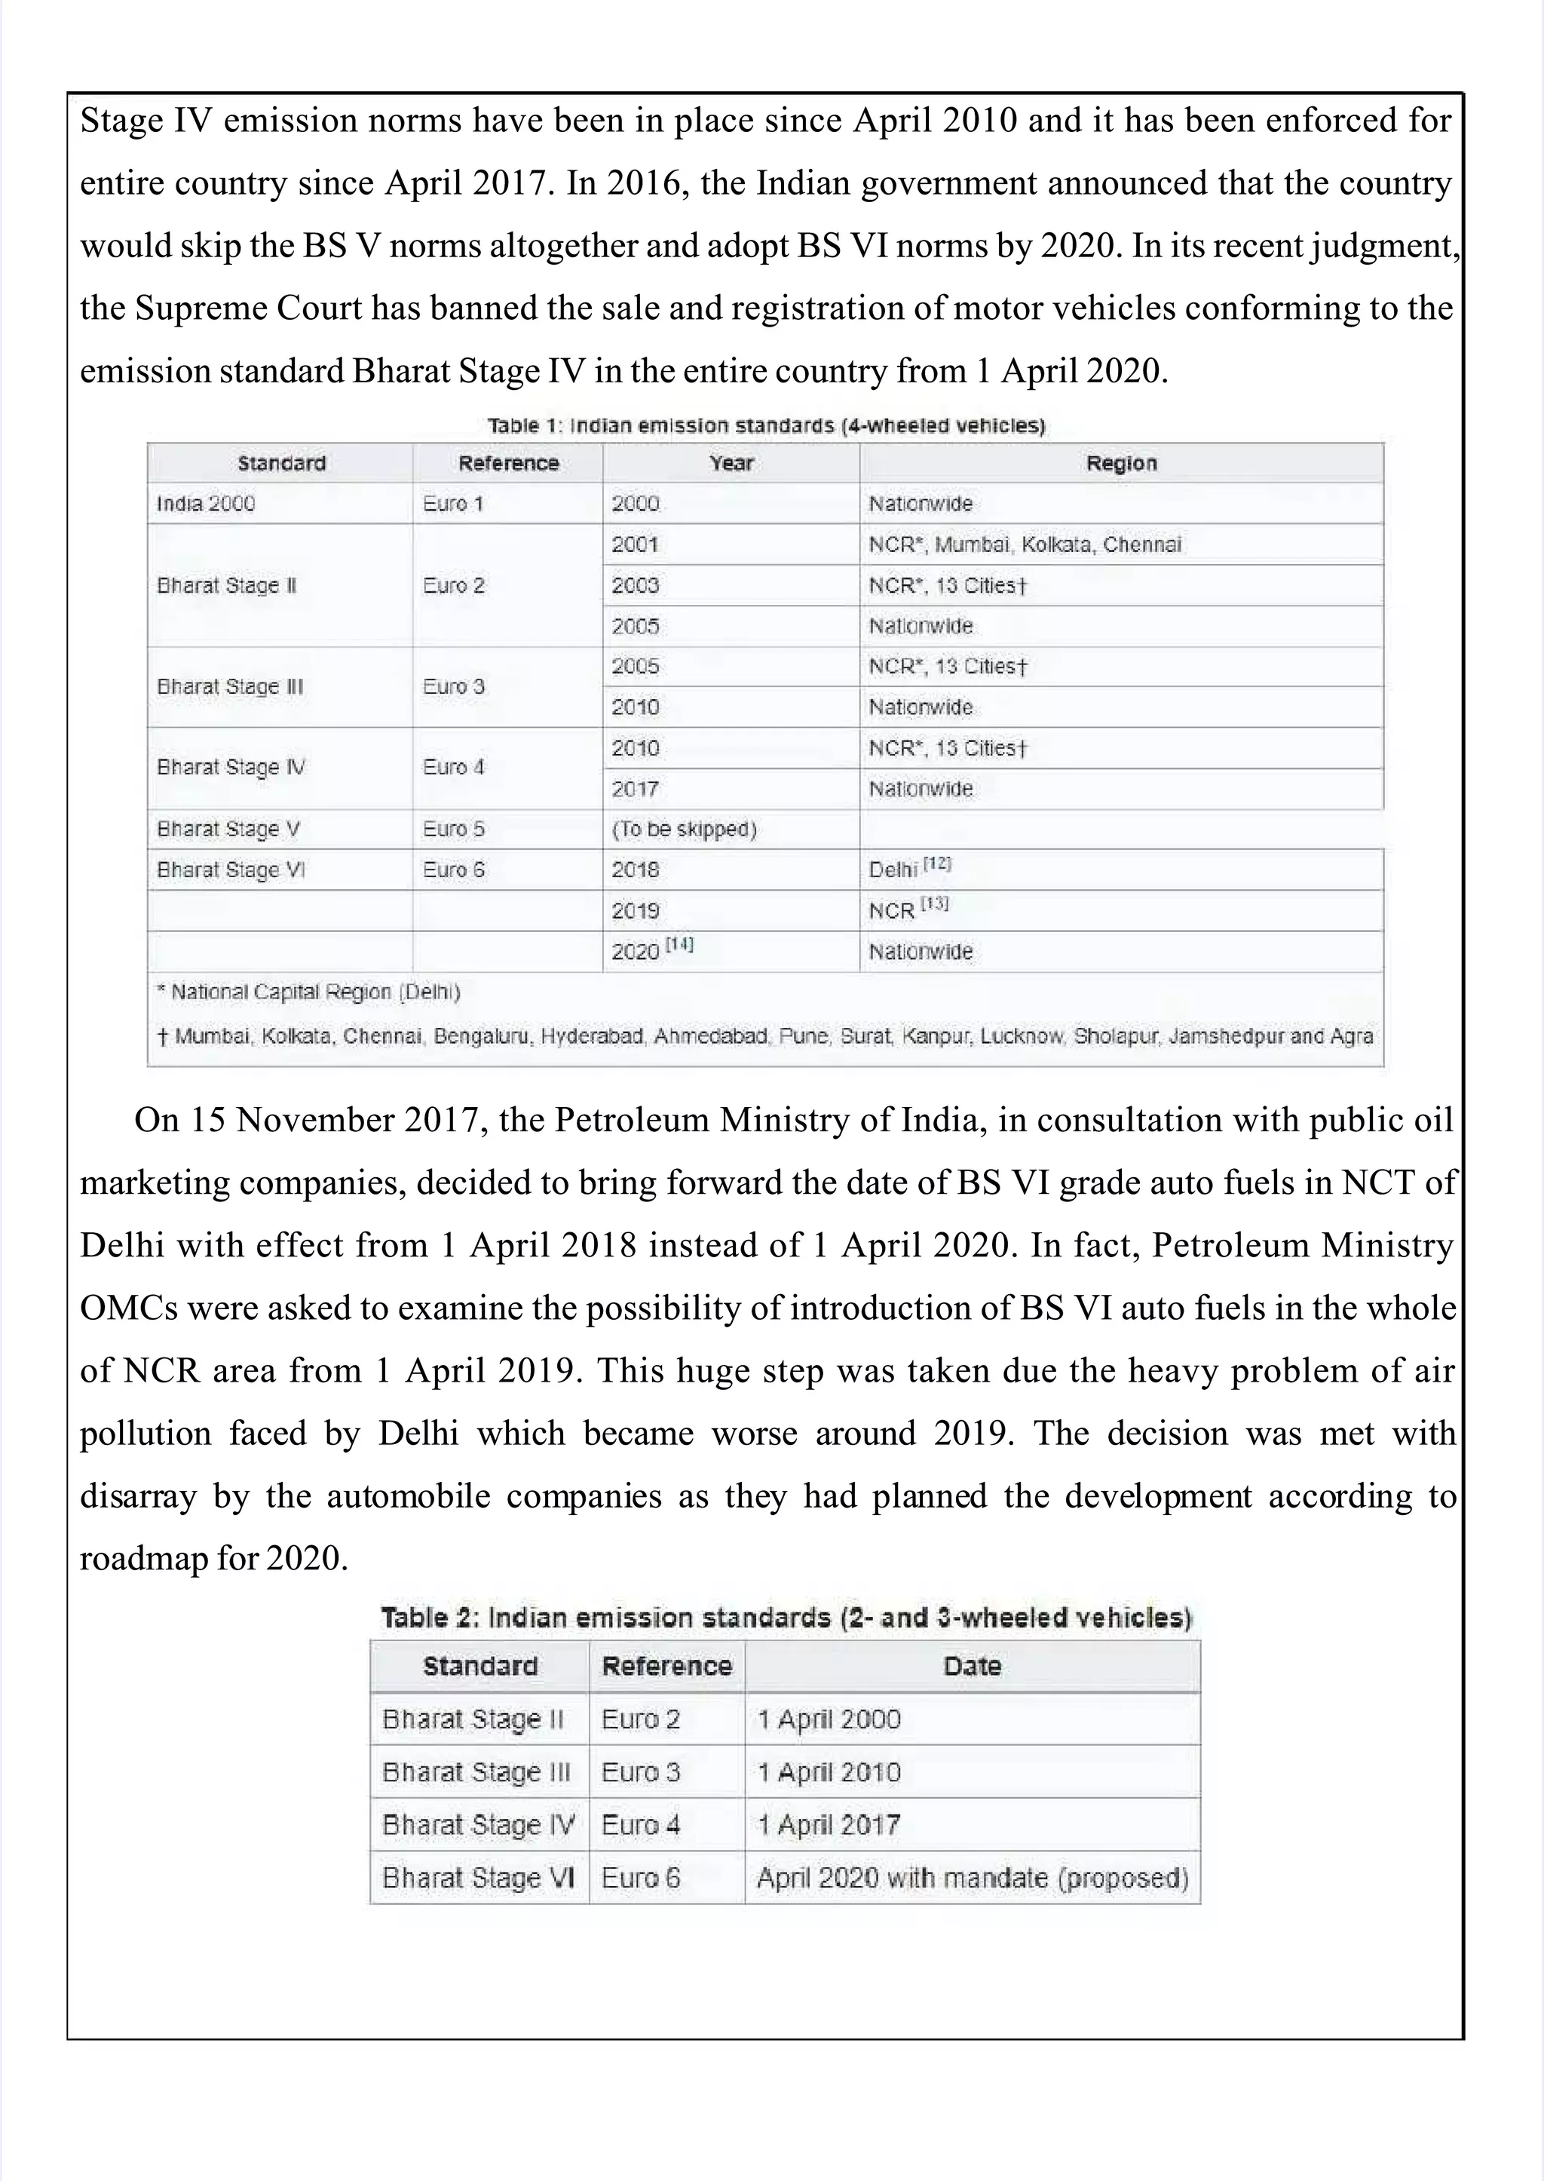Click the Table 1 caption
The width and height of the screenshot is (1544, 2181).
765,425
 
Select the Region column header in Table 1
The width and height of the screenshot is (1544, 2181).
1121,463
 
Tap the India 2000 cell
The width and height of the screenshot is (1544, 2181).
207,503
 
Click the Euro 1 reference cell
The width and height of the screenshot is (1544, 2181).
454,503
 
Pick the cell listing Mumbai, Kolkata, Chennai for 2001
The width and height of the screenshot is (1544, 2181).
1025,544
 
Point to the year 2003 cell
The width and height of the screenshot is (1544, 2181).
635,585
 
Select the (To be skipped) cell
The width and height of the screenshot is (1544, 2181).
684,830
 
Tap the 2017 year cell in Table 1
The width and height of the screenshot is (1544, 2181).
635,789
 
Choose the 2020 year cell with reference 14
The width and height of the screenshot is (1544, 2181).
652,950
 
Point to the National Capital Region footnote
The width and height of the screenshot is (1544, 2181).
309,992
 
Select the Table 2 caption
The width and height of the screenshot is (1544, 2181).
786,1618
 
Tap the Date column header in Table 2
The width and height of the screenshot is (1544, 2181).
972,1667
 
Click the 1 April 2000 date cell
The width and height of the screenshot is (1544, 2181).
828,1719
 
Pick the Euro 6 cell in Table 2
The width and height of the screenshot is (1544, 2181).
641,1878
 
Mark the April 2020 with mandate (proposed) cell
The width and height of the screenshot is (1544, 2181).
972,1878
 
